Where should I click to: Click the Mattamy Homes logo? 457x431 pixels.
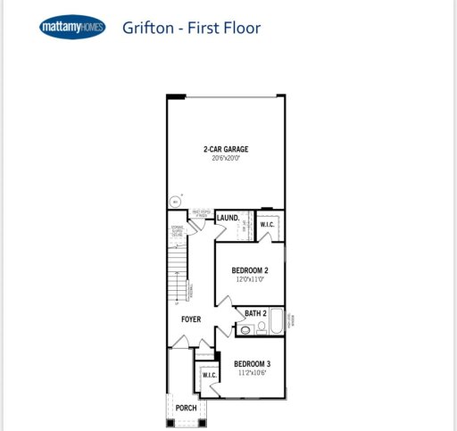tap(71, 28)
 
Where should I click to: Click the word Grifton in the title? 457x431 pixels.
tap(149, 28)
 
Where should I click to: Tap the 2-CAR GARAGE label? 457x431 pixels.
tap(226, 149)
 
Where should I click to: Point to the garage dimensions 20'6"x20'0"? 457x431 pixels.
tap(226, 158)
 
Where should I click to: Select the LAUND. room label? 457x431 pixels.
tap(228, 218)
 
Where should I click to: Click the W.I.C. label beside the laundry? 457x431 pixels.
tap(268, 224)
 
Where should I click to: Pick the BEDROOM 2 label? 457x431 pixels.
tap(250, 270)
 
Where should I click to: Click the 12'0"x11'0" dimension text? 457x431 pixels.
tap(250, 279)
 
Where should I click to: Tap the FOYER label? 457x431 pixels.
tap(190, 319)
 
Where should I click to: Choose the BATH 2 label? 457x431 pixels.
tap(256, 313)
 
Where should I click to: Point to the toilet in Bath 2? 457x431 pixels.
tap(262, 328)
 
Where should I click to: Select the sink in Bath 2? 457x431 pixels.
tap(245, 330)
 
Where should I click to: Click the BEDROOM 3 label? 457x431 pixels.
tap(252, 364)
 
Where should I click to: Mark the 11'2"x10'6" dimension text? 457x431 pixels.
tap(252, 373)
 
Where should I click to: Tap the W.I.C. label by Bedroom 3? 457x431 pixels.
tap(210, 376)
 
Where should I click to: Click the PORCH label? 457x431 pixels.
tap(186, 408)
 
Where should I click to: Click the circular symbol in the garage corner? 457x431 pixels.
tap(175, 201)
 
